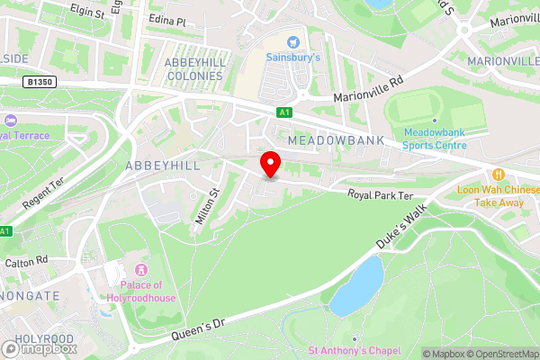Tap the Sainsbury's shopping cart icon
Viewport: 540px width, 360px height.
click(x=292, y=41)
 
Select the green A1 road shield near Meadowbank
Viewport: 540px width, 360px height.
click(x=284, y=112)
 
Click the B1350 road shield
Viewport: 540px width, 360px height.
click(x=40, y=82)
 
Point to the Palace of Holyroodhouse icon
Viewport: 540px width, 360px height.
click(x=140, y=271)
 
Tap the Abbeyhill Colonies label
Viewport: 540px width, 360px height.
click(x=193, y=68)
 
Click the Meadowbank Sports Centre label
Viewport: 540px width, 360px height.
click(x=434, y=137)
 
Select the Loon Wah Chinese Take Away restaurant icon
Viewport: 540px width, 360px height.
click(x=498, y=174)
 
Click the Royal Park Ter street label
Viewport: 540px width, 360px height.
click(x=381, y=195)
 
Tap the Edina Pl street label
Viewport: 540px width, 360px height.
click(x=166, y=21)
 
